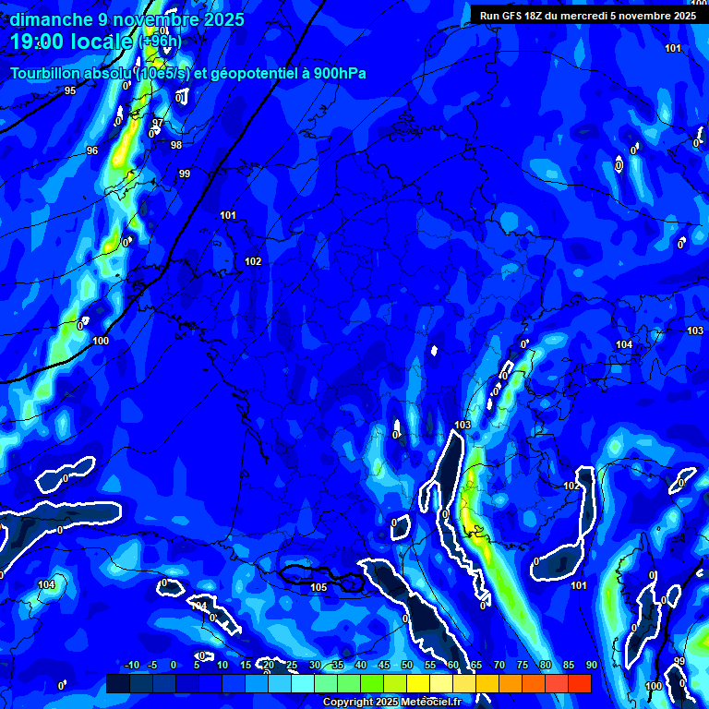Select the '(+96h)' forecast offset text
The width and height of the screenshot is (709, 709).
click(160, 42)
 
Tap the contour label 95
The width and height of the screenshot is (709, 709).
click(70, 90)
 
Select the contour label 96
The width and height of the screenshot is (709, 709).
click(92, 150)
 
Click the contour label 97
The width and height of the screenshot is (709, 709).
click(158, 123)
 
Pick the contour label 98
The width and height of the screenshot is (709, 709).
click(176, 145)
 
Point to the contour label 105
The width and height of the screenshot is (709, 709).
click(319, 587)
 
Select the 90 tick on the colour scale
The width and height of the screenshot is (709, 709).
click(591, 666)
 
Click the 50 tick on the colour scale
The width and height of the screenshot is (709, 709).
click(406, 666)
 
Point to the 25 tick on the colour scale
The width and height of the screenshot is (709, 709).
click(291, 666)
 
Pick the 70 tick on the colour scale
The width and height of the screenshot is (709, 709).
click(499, 666)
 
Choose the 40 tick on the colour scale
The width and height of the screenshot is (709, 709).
click(360, 666)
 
